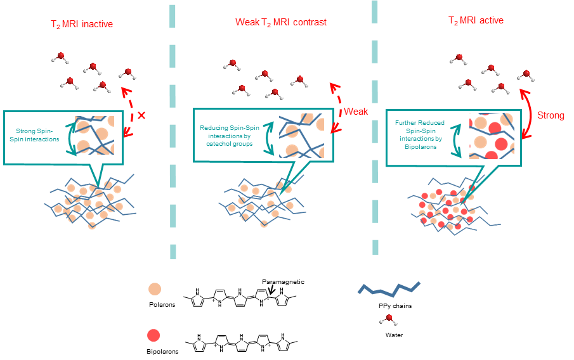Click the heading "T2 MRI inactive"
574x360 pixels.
pos(82,25)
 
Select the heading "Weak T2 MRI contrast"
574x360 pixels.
pos(281,22)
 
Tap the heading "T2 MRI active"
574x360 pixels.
pos(476,21)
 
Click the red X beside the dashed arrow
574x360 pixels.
pos(141,115)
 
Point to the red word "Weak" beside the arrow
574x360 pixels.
pos(356,112)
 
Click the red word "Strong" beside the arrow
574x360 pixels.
pos(551,115)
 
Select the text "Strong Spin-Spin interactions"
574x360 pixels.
pos(39,135)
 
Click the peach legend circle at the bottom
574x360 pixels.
pos(154,289)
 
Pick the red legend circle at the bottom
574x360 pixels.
pos(153,335)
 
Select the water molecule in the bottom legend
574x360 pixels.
pos(389,318)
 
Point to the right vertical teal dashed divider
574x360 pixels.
pos(375,127)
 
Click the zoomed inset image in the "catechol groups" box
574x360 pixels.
pos(302,136)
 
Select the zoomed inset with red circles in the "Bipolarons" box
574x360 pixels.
pos(491,136)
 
